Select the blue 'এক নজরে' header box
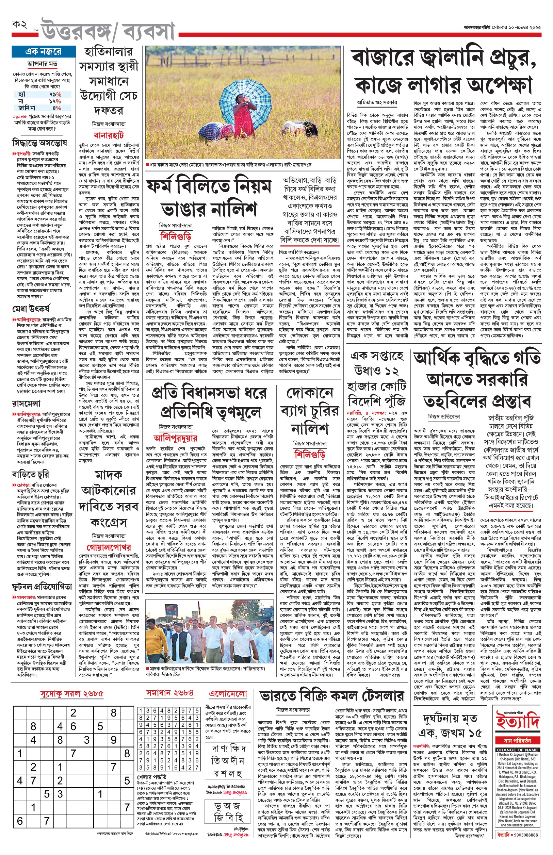click(44, 52)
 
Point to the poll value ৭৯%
click(55, 94)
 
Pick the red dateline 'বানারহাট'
click(109, 135)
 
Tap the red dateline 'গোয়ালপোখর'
click(109, 547)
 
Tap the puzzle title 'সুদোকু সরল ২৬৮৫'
click(71, 693)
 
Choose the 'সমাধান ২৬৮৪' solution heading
click(169, 693)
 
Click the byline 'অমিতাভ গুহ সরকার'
click(377, 102)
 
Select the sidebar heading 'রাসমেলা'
click(26, 404)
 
